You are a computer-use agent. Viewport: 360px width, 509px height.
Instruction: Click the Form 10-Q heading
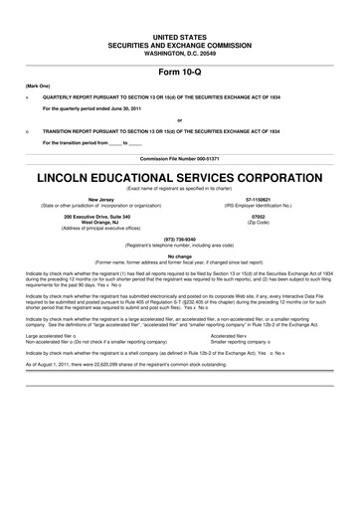click(179, 73)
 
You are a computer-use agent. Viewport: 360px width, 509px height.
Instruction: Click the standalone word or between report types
click(179, 121)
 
